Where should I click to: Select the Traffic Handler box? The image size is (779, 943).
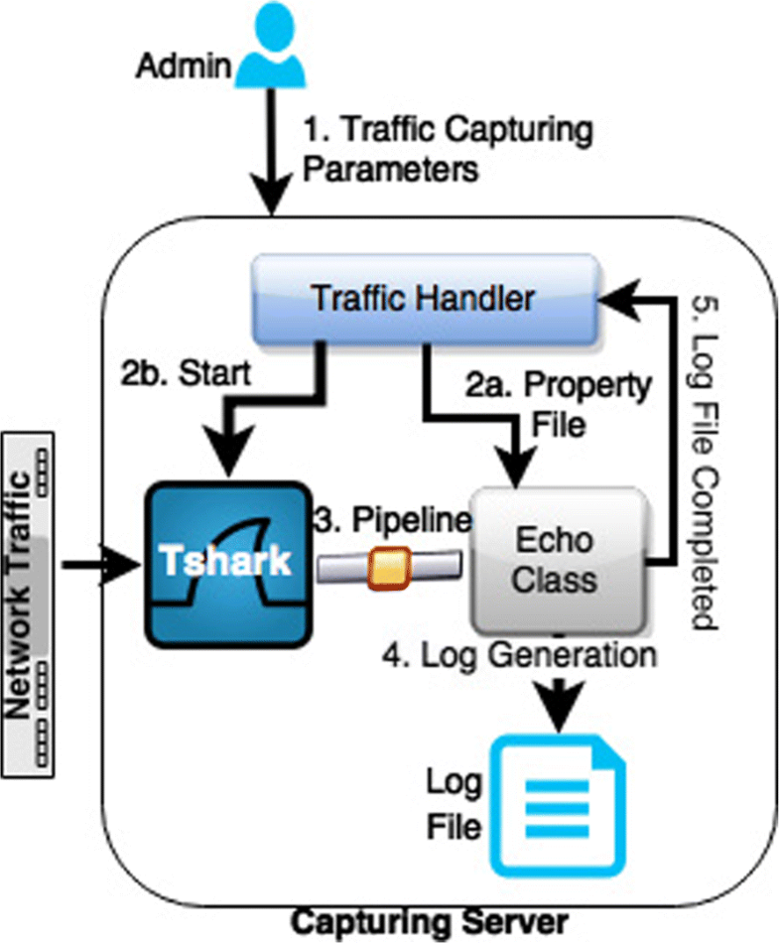tap(424, 297)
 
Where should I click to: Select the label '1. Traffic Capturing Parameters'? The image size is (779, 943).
tap(447, 149)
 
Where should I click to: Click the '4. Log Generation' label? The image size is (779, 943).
tap(520, 655)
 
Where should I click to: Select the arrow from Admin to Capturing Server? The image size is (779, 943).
tap(270, 149)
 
